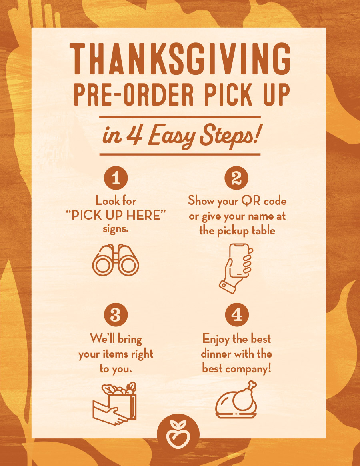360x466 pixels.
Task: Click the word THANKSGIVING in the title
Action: (x=180, y=59)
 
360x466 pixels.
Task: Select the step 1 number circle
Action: (x=116, y=178)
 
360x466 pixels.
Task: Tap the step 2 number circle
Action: (x=236, y=178)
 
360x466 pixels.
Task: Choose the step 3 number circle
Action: (x=116, y=315)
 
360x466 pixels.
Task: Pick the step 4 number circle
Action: (x=237, y=315)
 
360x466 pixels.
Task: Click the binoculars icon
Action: (x=116, y=260)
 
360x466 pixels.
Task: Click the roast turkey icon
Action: (x=236, y=400)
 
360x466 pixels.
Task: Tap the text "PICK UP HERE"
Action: (x=116, y=215)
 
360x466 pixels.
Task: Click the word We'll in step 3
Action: (x=102, y=338)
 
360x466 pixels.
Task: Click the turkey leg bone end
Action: (x=252, y=385)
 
